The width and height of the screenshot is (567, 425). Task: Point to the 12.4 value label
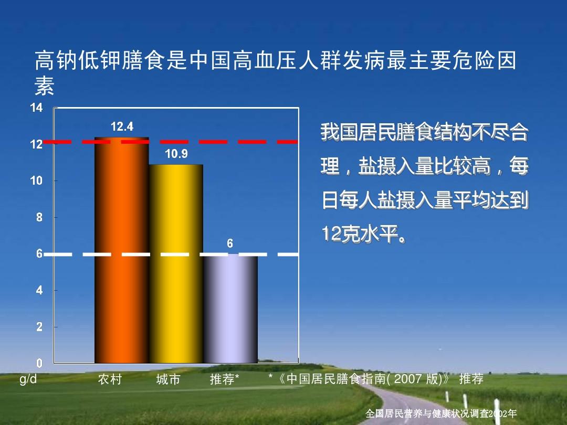point(122,126)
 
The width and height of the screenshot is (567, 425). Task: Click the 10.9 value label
point(176,154)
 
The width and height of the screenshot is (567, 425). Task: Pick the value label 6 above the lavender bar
point(230,244)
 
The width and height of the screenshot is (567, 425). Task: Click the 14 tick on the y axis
point(36,108)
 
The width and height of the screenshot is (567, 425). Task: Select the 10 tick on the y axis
point(36,180)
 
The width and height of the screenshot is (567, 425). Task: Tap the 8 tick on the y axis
point(39,217)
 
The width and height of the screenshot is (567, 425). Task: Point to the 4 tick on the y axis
point(39,290)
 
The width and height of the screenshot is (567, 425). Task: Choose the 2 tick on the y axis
point(39,327)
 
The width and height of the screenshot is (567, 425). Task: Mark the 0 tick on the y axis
point(39,363)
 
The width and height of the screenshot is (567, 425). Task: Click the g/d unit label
point(28,379)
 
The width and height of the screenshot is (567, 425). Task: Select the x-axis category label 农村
point(110,379)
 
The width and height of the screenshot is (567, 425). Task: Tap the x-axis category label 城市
point(168,379)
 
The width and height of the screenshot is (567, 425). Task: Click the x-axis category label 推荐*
point(225,379)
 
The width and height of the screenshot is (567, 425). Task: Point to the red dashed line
point(210,142)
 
